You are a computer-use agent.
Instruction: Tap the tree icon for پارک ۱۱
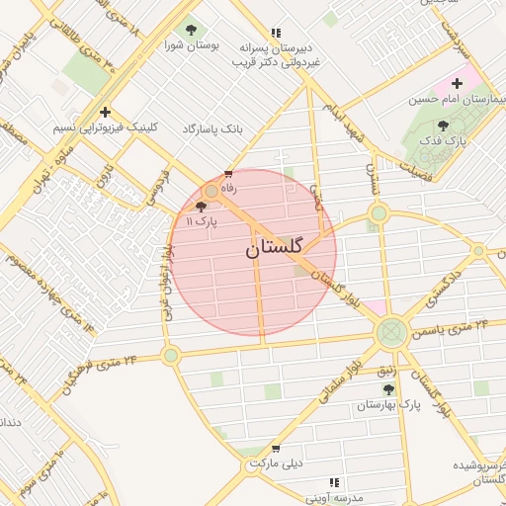pos(202,207)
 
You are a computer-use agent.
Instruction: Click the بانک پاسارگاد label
pos(212,129)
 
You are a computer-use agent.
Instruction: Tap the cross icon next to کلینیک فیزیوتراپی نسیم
pos(105,112)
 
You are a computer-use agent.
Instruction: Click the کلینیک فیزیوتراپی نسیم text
pos(107,129)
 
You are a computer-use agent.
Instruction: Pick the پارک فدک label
pos(443,142)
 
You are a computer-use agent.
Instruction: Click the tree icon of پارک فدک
pos(442,126)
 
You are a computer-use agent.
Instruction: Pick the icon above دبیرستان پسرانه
pos(276,32)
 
